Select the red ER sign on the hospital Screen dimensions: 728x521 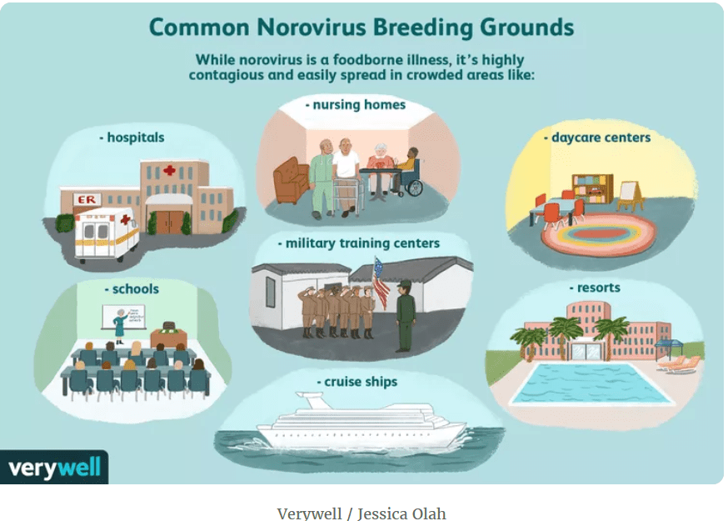[x=87, y=199]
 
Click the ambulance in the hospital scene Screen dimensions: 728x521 [x=107, y=233]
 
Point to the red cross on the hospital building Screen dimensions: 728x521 [x=169, y=170]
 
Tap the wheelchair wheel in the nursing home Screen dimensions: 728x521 [x=415, y=188]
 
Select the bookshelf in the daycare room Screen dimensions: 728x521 [x=593, y=188]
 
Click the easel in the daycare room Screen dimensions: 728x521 [x=630, y=196]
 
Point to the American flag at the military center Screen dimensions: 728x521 [x=381, y=282]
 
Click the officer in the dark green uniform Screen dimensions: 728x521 [x=405, y=316]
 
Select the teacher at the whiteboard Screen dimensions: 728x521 [x=121, y=323]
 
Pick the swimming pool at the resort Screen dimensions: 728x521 [x=591, y=383]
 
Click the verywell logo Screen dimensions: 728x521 [x=54, y=467]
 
